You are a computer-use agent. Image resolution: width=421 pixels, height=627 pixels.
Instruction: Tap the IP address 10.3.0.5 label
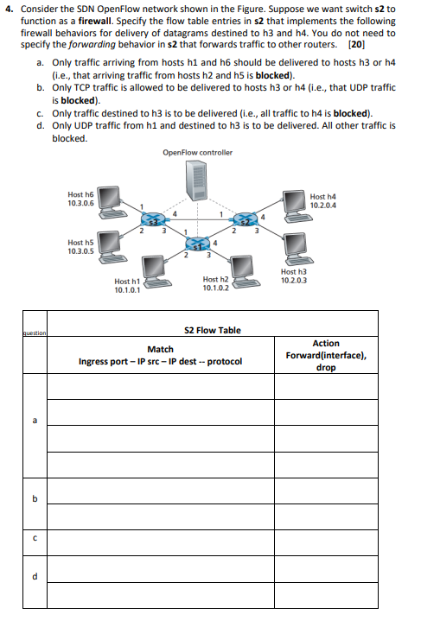point(82,252)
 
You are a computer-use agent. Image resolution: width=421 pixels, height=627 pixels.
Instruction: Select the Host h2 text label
point(215,279)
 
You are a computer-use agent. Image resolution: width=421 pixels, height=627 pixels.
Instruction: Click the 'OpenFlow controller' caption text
point(197,153)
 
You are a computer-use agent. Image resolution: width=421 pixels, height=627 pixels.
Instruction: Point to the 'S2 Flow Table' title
point(214,330)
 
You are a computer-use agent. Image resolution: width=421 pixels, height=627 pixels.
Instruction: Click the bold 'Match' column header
point(160,350)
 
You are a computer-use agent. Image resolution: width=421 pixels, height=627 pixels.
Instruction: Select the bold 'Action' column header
point(326,344)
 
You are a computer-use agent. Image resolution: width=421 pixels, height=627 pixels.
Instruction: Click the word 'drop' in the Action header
point(326,367)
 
